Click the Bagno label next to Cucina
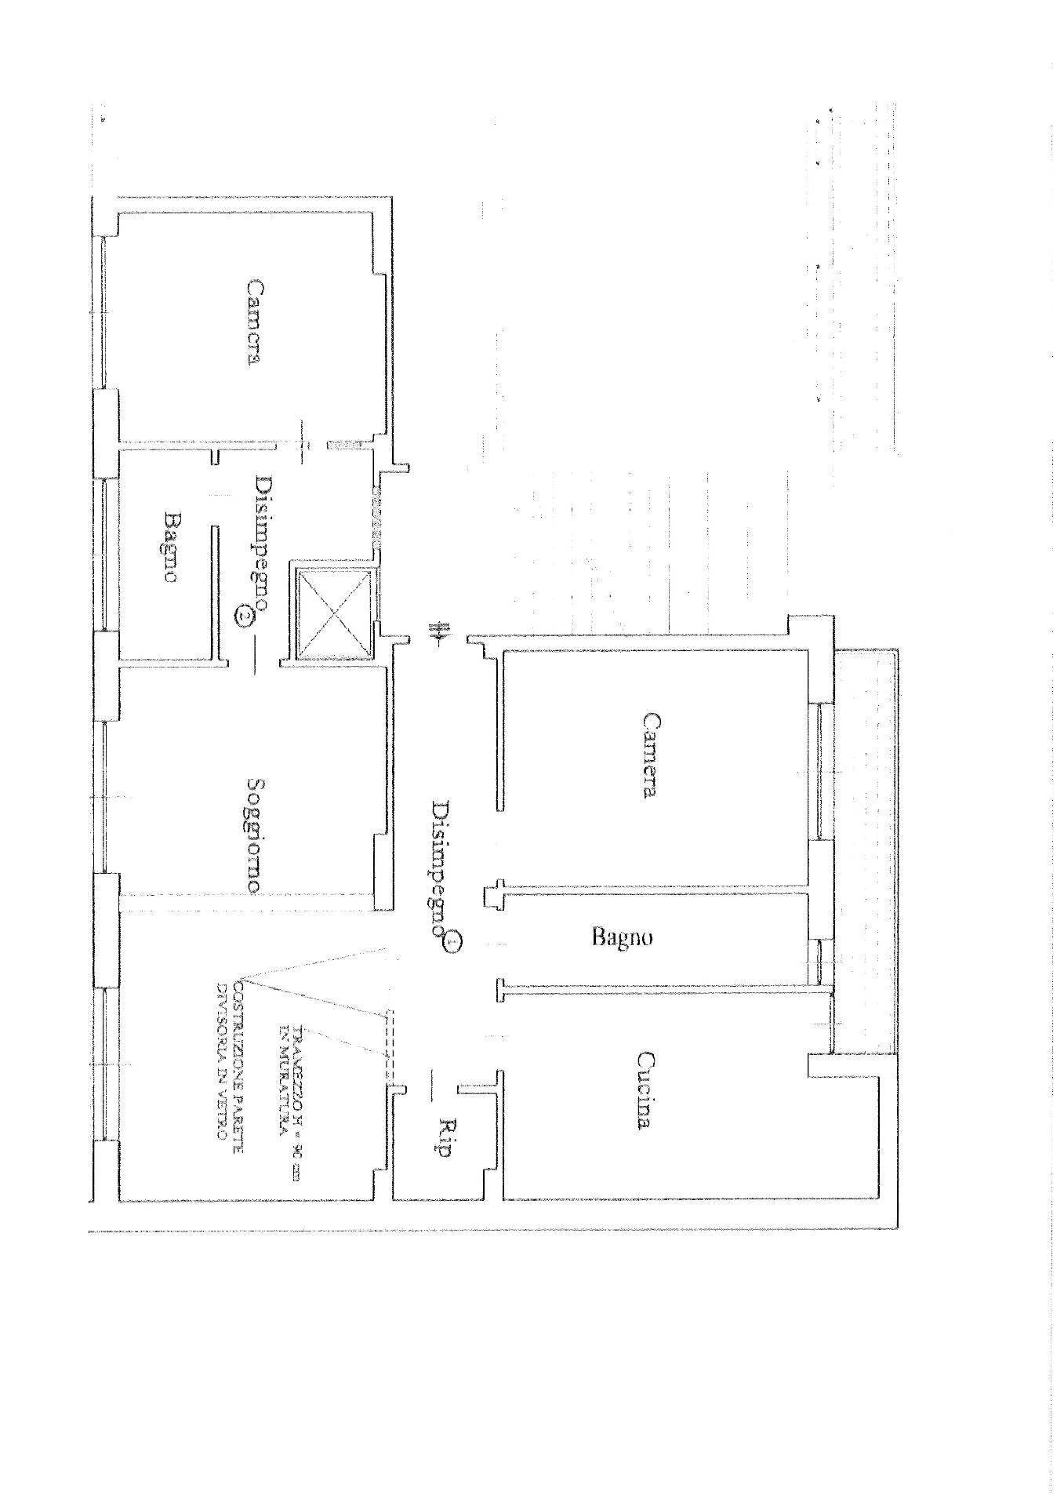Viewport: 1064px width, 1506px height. tap(622, 937)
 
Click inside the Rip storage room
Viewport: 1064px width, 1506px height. tap(439, 1161)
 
